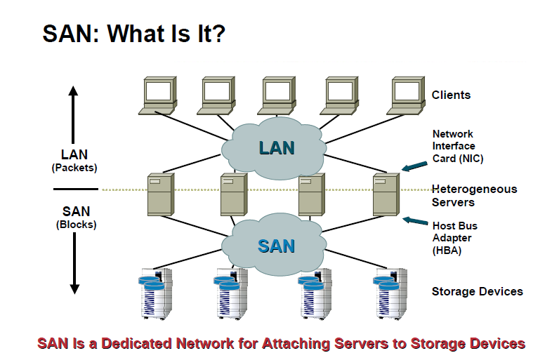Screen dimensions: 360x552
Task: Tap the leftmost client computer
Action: point(159,95)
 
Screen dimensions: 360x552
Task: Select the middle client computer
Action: point(279,95)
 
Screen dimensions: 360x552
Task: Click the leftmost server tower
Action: point(160,194)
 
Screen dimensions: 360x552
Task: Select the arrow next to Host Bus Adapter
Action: point(416,222)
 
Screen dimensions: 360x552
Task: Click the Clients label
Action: point(451,95)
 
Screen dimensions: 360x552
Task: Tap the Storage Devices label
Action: point(477,291)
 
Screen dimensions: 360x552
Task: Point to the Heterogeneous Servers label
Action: point(474,196)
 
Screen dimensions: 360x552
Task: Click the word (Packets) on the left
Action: point(74,168)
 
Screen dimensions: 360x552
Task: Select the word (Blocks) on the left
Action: point(75,225)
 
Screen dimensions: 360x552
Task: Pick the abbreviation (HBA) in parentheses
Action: point(447,250)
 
